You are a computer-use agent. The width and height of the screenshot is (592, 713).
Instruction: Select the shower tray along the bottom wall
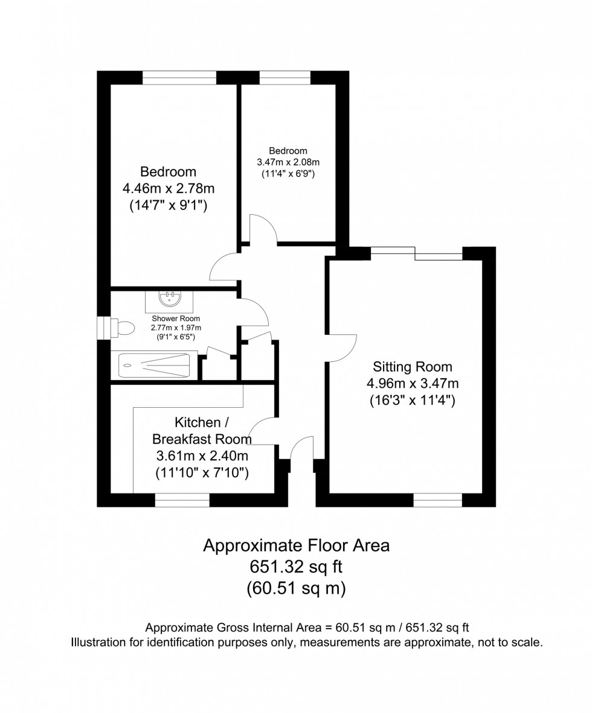(154, 365)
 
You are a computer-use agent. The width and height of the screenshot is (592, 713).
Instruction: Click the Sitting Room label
(413, 366)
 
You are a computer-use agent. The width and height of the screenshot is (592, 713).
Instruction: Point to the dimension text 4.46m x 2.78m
(169, 189)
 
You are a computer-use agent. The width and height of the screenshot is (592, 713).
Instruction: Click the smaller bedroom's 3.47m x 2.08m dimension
(288, 162)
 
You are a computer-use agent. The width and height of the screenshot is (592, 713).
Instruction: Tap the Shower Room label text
(176, 318)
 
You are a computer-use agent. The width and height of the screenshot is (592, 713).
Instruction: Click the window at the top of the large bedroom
(179, 77)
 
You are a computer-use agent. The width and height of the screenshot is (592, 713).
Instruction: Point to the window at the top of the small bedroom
(285, 77)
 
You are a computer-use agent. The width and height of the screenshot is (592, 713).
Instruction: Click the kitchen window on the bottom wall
(182, 499)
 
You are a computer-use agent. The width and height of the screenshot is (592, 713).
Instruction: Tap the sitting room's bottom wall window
(437, 499)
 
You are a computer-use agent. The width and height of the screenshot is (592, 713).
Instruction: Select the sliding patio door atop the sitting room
(417, 253)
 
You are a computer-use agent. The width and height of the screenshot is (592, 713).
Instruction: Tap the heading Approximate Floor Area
(296, 546)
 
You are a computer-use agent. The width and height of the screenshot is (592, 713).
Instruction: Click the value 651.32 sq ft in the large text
(296, 567)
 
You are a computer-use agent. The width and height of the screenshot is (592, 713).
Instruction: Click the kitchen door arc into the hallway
(261, 431)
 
